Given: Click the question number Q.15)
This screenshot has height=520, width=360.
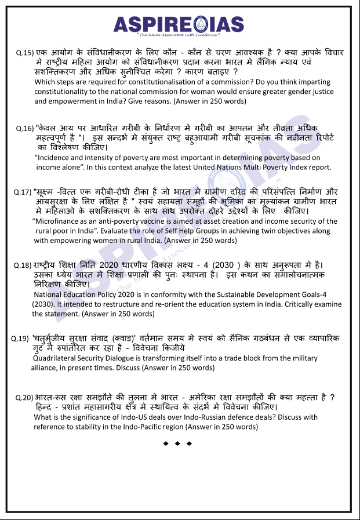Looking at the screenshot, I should [x=25, y=53].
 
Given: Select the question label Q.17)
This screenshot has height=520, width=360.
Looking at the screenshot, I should [x=23, y=192].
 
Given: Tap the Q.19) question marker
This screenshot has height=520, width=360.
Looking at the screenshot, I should [x=20, y=338].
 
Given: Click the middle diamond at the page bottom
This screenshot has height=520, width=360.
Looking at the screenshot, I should [x=177, y=443].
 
